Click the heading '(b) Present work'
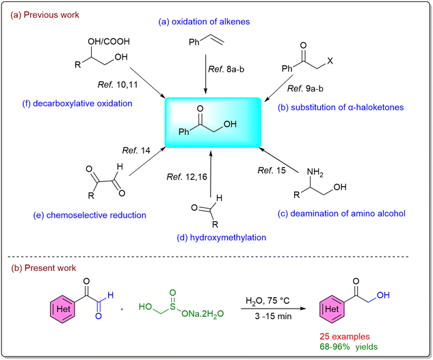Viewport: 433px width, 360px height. tap(43, 268)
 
